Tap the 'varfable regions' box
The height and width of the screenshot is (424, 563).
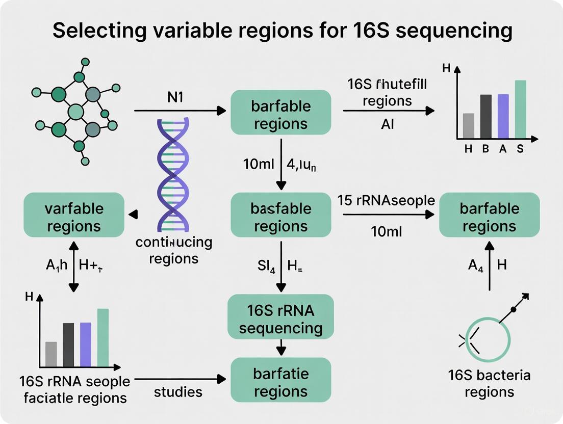(x=74, y=217)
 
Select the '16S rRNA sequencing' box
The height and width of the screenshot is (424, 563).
(x=281, y=319)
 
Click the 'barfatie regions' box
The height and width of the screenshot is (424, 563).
(x=281, y=383)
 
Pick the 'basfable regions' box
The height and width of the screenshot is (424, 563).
(x=281, y=217)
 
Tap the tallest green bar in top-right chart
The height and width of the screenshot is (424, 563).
(x=520, y=109)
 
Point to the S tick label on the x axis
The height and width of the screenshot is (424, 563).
(x=520, y=149)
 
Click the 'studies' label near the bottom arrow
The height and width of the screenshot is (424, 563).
(x=178, y=392)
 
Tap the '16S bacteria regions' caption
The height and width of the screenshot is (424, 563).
(x=489, y=384)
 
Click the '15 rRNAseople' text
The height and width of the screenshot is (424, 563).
(x=386, y=200)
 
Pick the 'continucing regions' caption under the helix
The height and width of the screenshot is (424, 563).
(x=173, y=250)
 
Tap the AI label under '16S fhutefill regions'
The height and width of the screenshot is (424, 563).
(x=387, y=124)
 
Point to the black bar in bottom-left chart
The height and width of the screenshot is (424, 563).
(x=68, y=344)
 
